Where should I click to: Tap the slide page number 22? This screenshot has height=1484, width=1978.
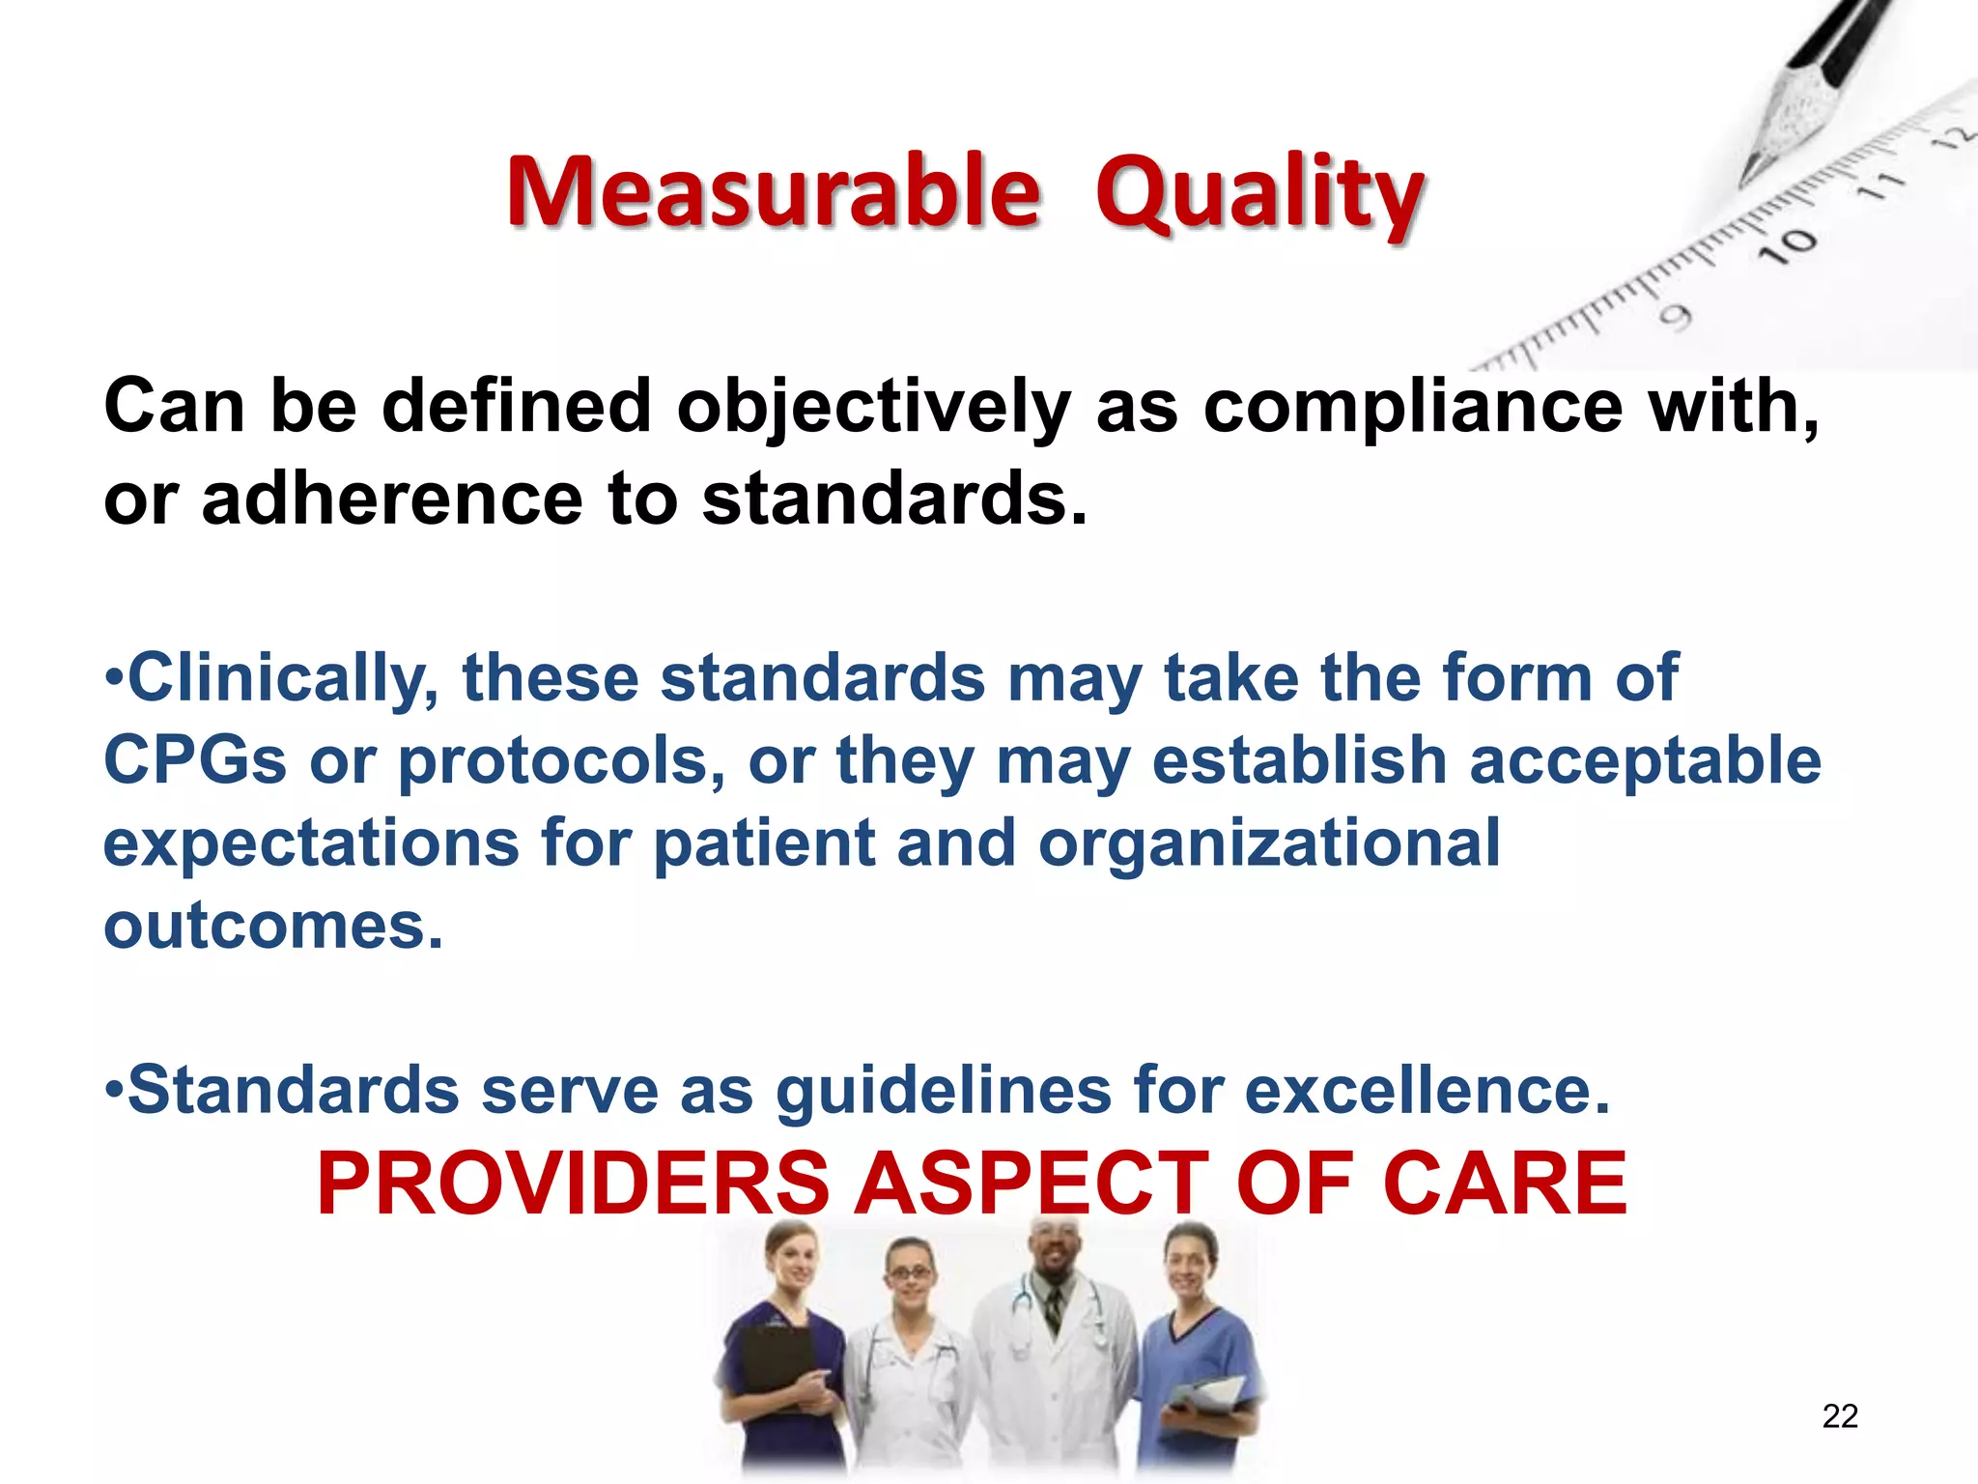[1840, 1415]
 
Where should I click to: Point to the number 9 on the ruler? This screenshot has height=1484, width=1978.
[1677, 317]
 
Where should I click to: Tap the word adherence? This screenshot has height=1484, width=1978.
[391, 499]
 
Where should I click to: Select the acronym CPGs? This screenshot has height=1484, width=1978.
[195, 760]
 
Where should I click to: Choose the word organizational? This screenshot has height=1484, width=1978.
[1268, 843]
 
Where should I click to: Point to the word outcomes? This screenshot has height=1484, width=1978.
[272, 926]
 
